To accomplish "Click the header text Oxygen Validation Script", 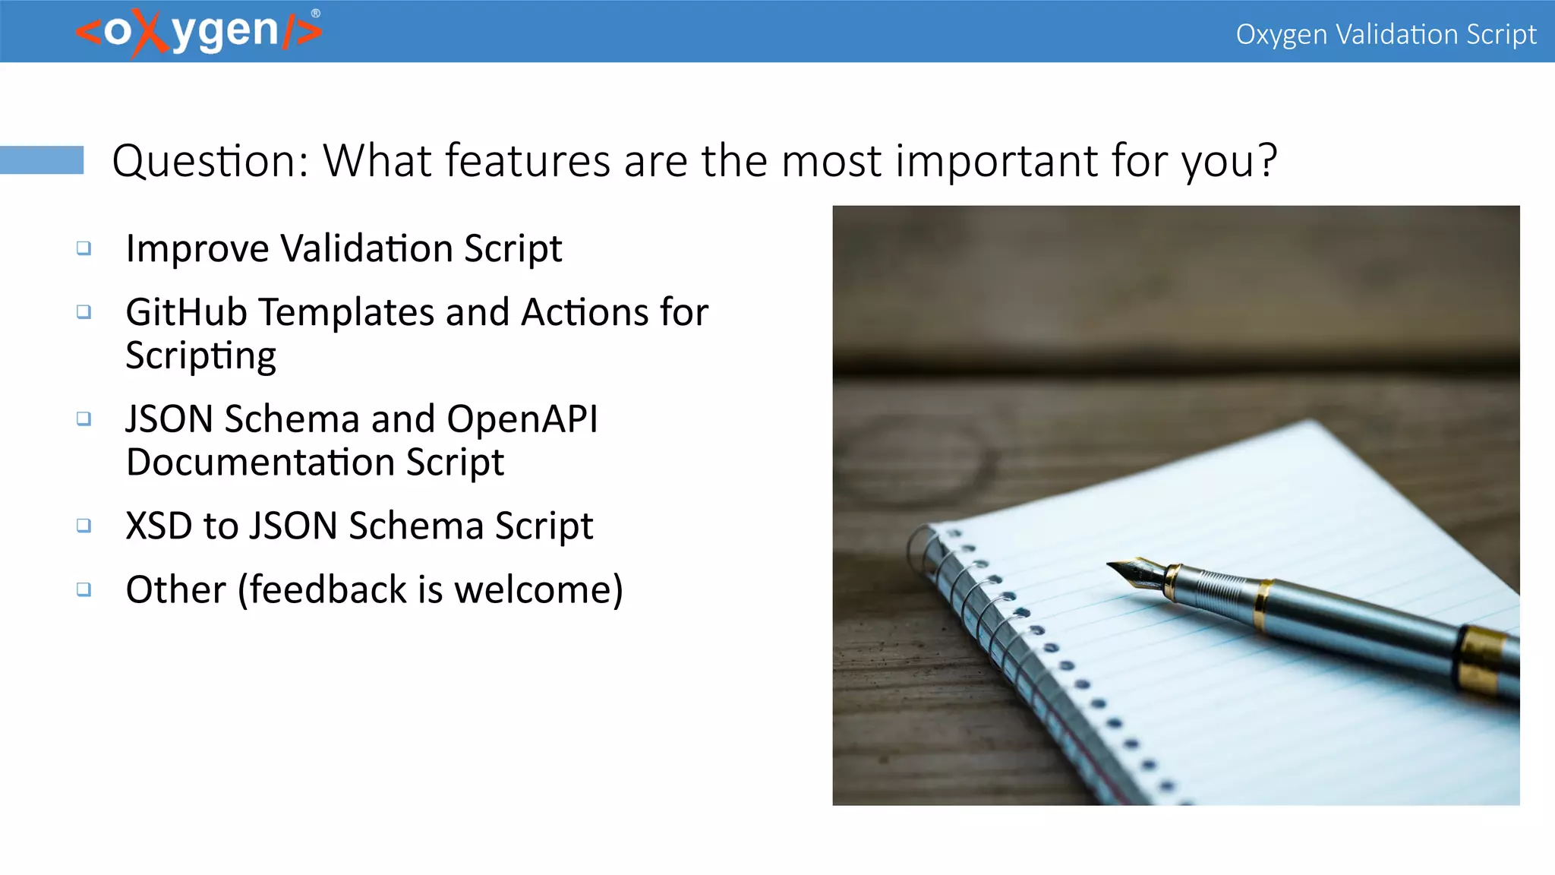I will (x=1385, y=34).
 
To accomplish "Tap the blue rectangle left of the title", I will (x=42, y=160).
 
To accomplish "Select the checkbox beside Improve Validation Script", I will (x=84, y=248).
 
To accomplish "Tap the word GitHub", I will (x=186, y=312).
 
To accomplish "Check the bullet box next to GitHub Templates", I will (x=84, y=312).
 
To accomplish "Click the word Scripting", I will (x=200, y=355).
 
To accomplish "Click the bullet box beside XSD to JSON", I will (x=84, y=526).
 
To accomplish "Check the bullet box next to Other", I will (x=84, y=589).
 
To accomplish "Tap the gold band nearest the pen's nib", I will (x=1174, y=581).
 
